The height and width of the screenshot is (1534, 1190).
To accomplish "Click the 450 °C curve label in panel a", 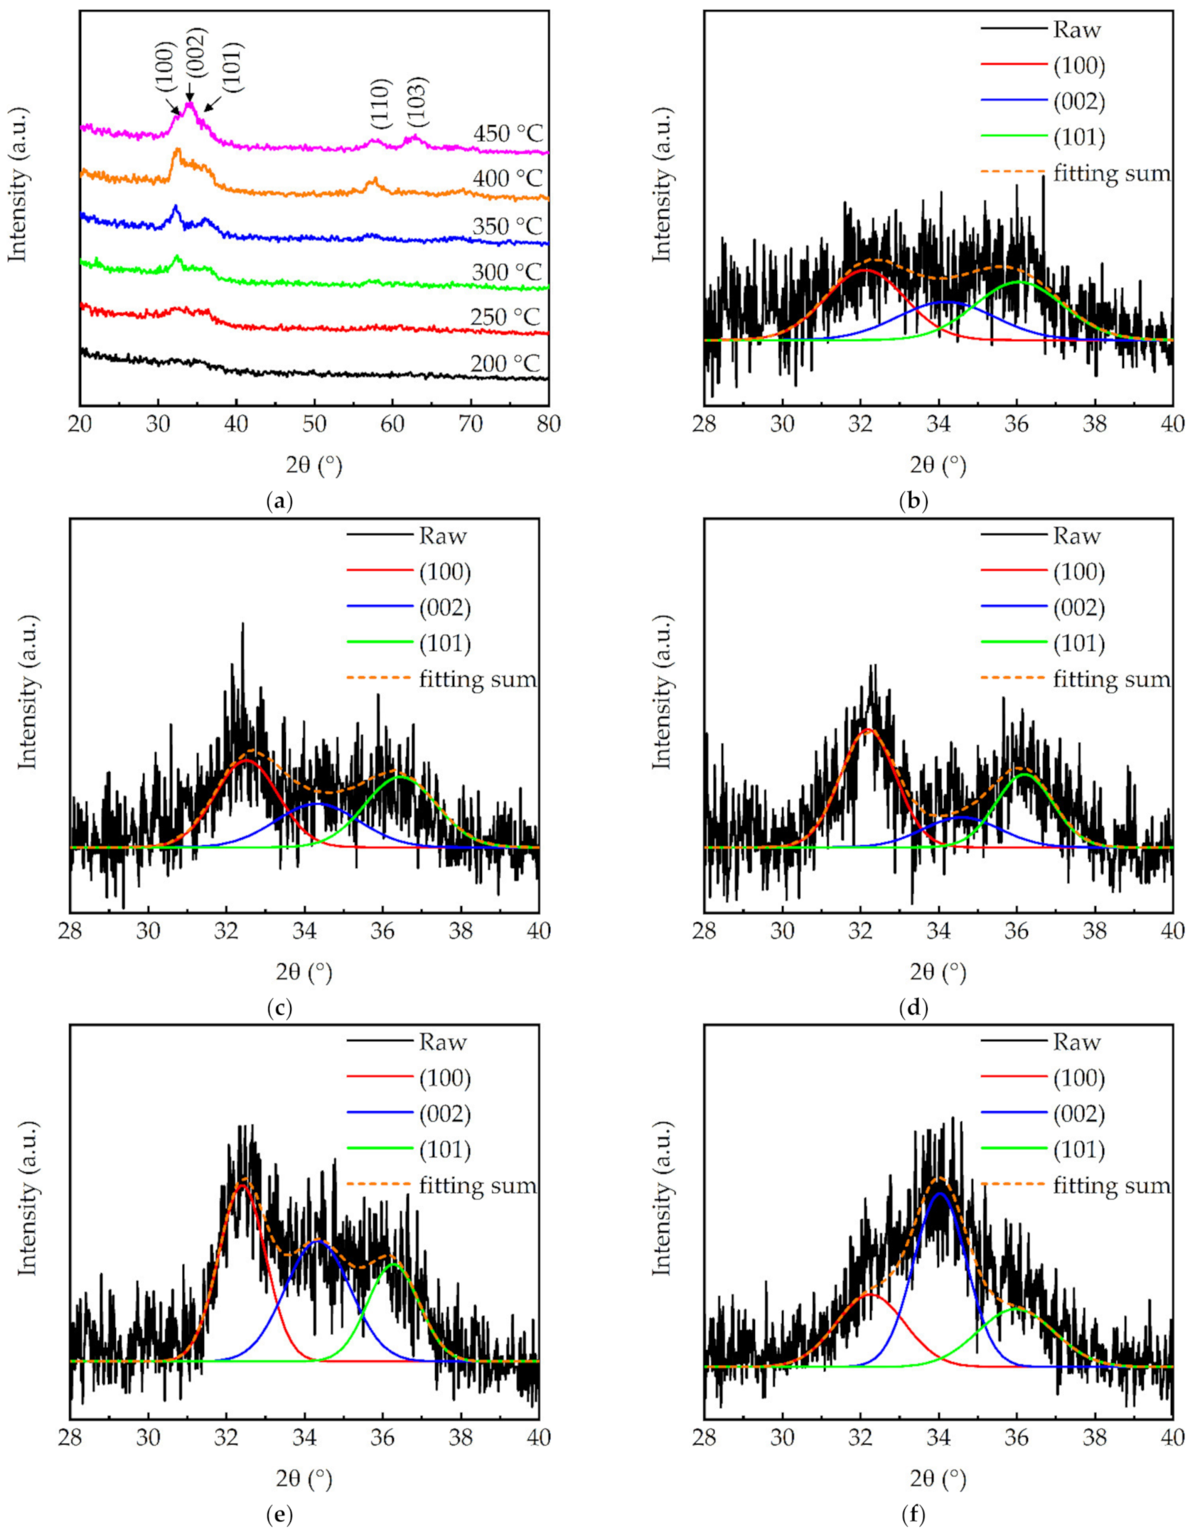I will coord(507,133).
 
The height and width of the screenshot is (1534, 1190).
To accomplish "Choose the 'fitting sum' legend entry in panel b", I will coord(1110,173).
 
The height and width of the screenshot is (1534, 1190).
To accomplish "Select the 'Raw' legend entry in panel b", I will coord(1076,30).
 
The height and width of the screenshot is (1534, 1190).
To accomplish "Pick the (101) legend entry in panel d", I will coord(1078,644).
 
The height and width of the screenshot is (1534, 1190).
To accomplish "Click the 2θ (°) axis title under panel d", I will coord(938,972).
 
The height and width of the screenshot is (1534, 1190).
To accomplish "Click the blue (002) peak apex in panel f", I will coord(939,1194).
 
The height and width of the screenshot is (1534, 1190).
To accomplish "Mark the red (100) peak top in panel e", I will coord(243,1184).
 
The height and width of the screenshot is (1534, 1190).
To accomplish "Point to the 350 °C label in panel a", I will coord(507,226).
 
